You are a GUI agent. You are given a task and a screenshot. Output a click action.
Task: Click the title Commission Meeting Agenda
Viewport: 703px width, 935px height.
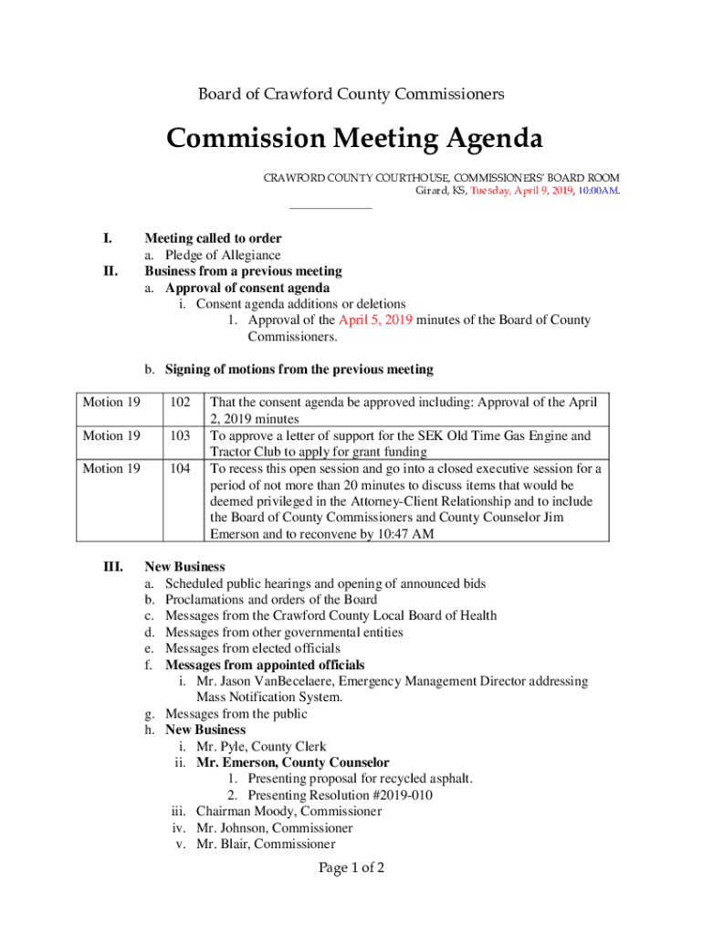coord(354,140)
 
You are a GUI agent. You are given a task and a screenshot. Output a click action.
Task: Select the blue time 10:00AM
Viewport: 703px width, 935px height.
coord(598,191)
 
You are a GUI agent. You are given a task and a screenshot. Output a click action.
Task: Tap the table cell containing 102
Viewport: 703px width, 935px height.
coord(180,403)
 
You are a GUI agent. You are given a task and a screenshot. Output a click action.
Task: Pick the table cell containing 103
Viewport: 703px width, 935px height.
coord(180,436)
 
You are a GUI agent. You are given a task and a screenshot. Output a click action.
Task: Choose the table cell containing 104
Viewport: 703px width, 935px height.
coord(180,468)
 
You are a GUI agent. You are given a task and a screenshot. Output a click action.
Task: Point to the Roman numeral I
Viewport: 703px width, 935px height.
coord(108,239)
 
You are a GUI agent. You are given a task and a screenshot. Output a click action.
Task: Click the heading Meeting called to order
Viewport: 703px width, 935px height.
coord(213,239)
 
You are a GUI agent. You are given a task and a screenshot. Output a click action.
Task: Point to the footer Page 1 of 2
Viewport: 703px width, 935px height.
coord(351,868)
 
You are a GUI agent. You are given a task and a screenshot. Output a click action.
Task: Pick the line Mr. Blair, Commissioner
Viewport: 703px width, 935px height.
coord(266,845)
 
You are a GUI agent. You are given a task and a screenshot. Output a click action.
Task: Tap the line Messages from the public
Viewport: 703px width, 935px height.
coord(236,714)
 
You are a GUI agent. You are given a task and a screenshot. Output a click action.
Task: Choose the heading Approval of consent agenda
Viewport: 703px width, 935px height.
coord(247,289)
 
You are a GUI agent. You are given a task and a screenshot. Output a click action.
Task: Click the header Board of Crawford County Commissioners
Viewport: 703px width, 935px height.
coord(351,94)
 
